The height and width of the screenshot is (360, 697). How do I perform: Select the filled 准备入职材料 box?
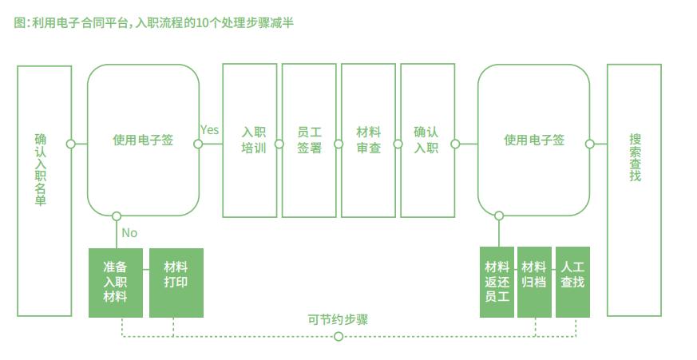coord(116,283)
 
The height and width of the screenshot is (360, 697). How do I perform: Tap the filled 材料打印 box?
coord(176,283)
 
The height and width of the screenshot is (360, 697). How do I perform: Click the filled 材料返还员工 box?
coord(497,283)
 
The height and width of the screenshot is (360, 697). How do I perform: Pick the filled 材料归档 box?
coord(534,283)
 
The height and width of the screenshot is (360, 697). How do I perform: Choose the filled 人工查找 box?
coord(572,283)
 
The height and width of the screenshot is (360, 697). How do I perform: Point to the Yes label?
coord(209,130)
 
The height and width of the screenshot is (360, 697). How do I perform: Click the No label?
coord(129,233)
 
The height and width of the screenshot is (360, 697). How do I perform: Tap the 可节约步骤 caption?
coord(338,319)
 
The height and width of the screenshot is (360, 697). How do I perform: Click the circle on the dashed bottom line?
coord(339,336)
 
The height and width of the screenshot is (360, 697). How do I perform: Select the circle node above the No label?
coord(117,216)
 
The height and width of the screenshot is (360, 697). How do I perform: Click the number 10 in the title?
coord(202,22)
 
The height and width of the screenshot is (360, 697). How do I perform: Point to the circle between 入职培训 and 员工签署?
coord(279,144)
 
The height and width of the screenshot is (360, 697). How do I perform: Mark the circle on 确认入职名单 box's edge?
coord(71,144)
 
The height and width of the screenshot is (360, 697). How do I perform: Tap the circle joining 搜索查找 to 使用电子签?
coord(590,144)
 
